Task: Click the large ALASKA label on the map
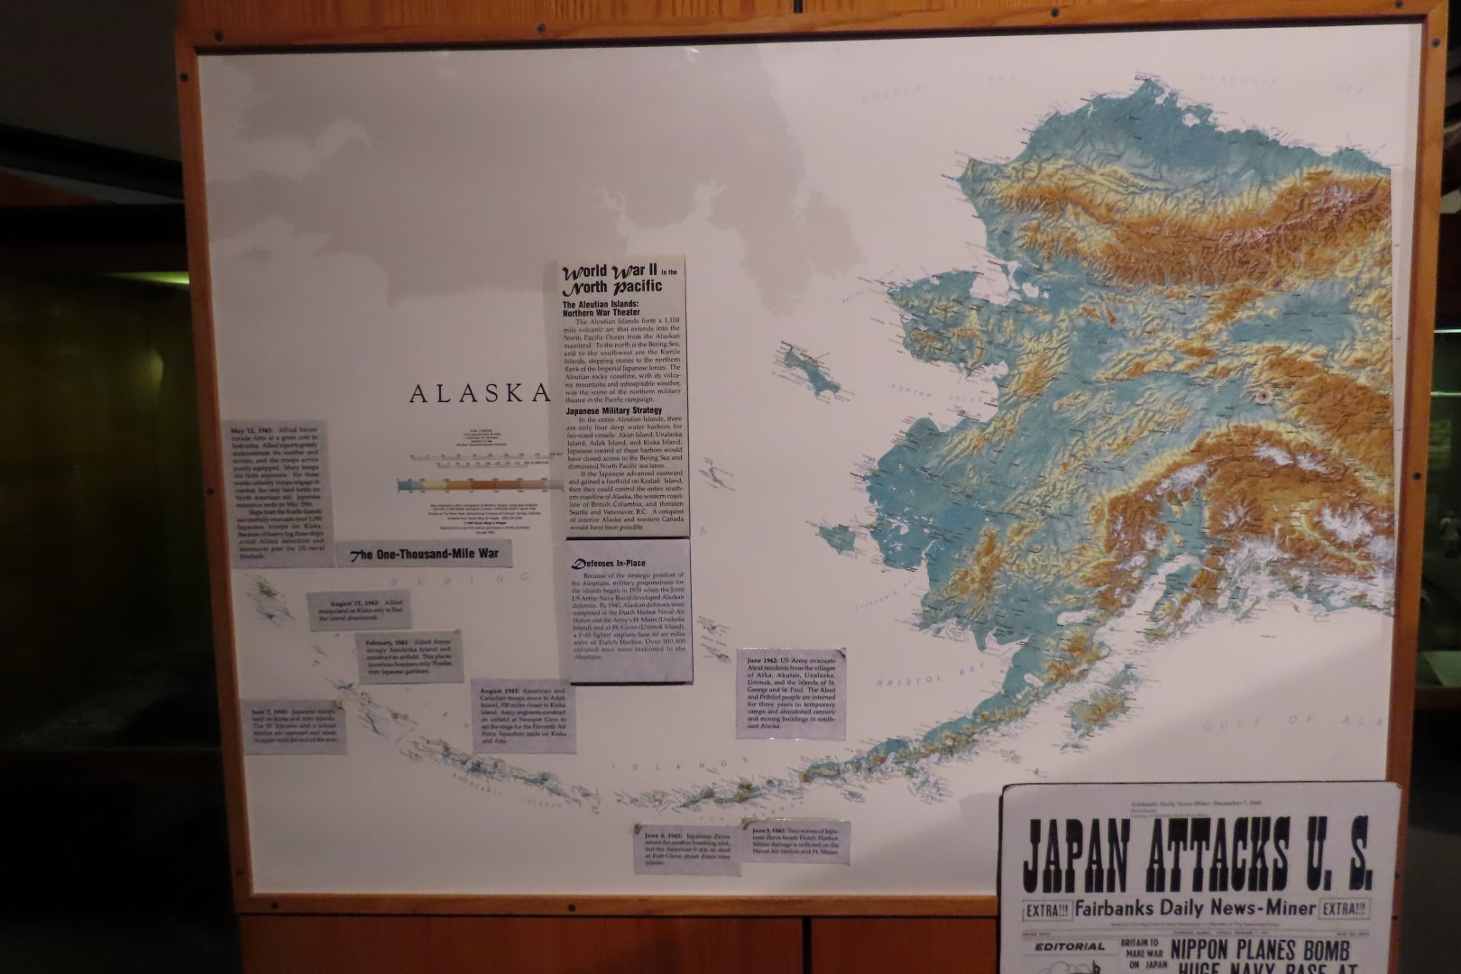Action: click(479, 393)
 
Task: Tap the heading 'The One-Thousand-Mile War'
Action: click(424, 554)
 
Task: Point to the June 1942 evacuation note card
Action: click(791, 694)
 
